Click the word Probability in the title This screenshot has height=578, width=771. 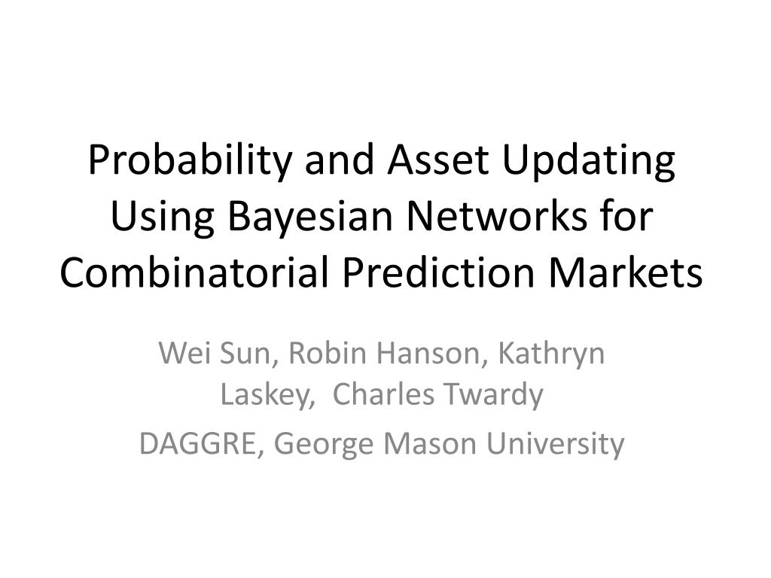tap(190, 161)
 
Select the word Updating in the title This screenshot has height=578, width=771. tap(589, 161)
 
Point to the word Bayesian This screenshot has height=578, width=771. tap(310, 218)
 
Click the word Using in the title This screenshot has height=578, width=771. tap(163, 218)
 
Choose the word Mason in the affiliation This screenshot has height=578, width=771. tap(430, 443)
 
